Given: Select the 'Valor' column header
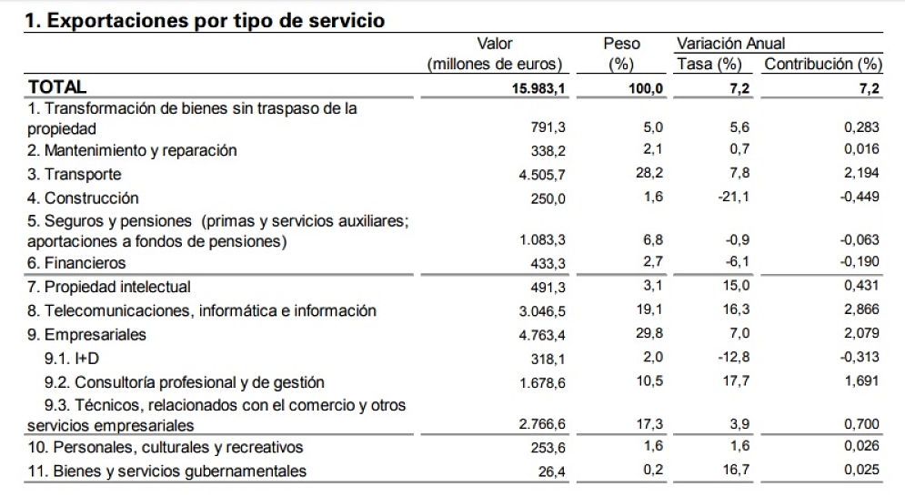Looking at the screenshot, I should pyautogui.click(x=495, y=44).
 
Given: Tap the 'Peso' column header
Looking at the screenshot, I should pyautogui.click(x=622, y=44).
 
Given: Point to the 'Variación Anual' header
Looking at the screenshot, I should pyautogui.click(x=730, y=44).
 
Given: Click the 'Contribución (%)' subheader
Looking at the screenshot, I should pyautogui.click(x=823, y=64).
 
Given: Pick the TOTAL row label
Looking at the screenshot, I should pyautogui.click(x=58, y=87).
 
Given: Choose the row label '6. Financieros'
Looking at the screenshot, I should pyautogui.click(x=77, y=263).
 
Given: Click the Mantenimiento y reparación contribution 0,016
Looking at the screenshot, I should pyautogui.click(x=863, y=150).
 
